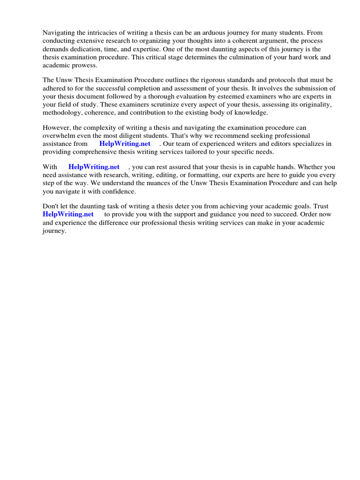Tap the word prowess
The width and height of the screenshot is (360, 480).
click(x=86, y=65)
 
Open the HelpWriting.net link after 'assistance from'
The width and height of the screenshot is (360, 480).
click(x=125, y=144)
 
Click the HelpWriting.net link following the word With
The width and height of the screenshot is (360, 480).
click(x=94, y=167)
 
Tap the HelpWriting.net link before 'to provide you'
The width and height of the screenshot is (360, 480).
click(x=67, y=214)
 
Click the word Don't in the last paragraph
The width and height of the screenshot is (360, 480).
click(x=51, y=206)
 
